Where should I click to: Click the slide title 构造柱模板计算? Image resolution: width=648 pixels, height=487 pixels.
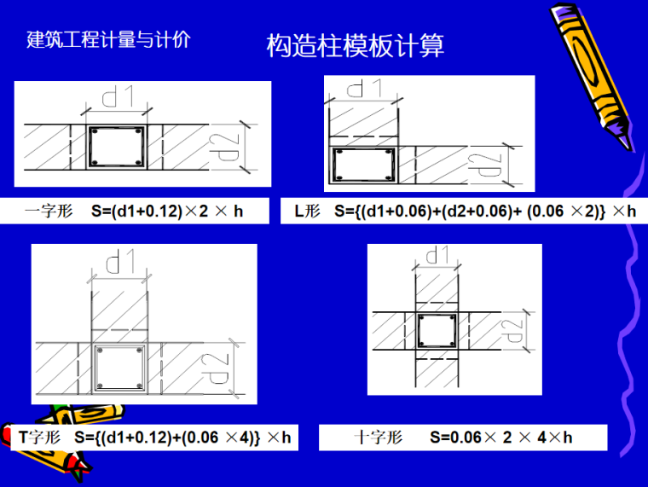(x=355, y=45)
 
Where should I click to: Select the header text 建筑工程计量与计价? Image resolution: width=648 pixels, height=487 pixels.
(x=108, y=40)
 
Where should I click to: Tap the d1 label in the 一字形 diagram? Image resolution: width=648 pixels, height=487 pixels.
(x=119, y=96)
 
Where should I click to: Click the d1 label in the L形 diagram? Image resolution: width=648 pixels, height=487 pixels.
(x=364, y=88)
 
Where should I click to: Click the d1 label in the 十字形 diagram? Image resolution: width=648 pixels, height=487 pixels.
(x=437, y=254)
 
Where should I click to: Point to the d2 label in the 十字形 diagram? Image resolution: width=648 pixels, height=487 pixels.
(x=512, y=331)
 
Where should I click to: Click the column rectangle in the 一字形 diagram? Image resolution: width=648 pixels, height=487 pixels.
(x=117, y=147)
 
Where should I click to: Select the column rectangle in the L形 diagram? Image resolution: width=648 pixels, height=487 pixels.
(x=364, y=165)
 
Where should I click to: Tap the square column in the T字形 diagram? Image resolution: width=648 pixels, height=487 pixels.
(x=119, y=368)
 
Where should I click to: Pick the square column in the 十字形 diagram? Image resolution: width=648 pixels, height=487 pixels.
(x=437, y=331)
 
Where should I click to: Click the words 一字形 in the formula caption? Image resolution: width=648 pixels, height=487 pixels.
(x=49, y=212)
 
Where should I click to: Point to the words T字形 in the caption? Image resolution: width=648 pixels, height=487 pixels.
(x=40, y=437)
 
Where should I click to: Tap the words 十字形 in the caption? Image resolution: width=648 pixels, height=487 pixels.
(x=378, y=437)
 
